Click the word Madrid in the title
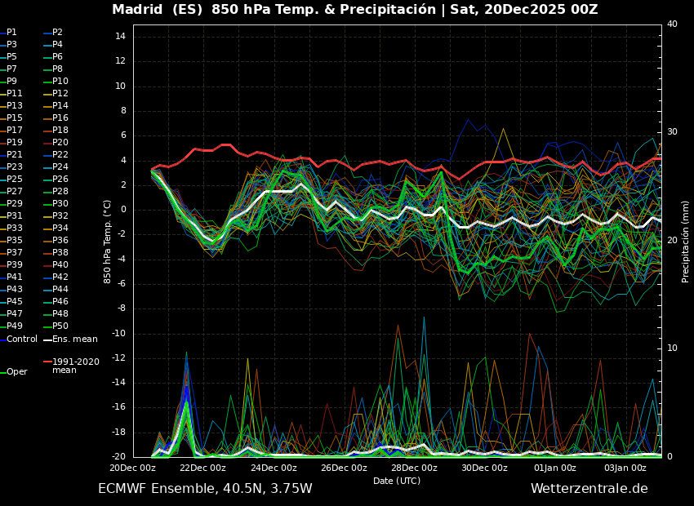(x=137, y=10)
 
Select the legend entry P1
(x=11, y=32)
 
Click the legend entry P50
(x=60, y=326)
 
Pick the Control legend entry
(x=22, y=339)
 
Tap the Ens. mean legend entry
(x=74, y=339)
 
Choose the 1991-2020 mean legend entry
(x=75, y=366)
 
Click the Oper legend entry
(x=16, y=371)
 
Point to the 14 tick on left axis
(x=119, y=37)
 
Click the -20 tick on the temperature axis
(x=118, y=456)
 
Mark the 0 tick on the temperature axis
(x=122, y=210)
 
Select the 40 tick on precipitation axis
(x=672, y=24)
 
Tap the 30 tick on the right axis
(x=672, y=132)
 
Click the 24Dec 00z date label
(x=274, y=468)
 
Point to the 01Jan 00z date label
(x=555, y=468)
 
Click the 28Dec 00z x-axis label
(x=414, y=468)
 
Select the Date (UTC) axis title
(x=397, y=481)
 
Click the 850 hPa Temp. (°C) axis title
(x=108, y=241)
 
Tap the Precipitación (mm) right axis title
(x=686, y=241)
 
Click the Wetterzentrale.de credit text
(x=589, y=489)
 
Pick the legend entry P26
(x=60, y=179)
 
